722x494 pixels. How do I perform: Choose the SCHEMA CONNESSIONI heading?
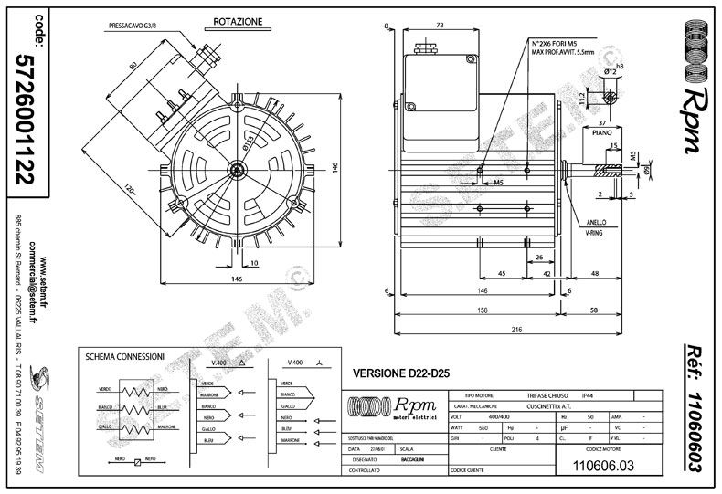124,355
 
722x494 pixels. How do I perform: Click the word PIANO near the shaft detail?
601,132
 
